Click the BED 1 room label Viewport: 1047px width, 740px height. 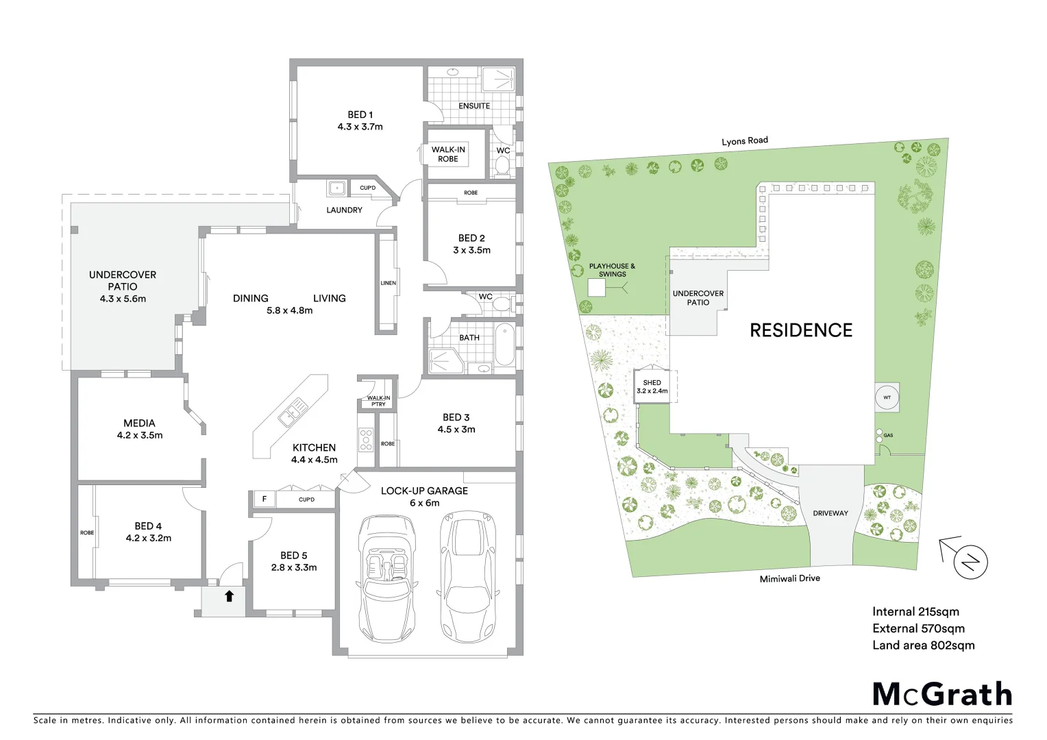pyautogui.click(x=360, y=115)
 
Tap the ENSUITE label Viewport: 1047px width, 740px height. pyautogui.click(x=474, y=106)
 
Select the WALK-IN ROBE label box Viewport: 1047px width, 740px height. pyautogui.click(x=448, y=154)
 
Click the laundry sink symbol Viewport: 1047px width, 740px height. pyautogui.click(x=337, y=188)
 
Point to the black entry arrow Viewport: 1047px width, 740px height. pyautogui.click(x=230, y=596)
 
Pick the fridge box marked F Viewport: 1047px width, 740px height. pyautogui.click(x=264, y=500)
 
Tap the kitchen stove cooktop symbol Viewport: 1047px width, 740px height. pyautogui.click(x=366, y=439)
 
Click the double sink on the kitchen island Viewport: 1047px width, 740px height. pyautogui.click(x=293, y=412)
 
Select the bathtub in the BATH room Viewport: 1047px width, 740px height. pyautogui.click(x=504, y=344)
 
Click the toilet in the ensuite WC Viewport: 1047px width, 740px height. pyautogui.click(x=502, y=165)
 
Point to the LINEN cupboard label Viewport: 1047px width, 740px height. pyautogui.click(x=388, y=283)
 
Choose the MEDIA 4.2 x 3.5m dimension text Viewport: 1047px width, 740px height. pyautogui.click(x=140, y=435)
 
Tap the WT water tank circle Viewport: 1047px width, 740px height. pyautogui.click(x=887, y=397)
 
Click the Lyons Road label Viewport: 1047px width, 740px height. pyautogui.click(x=745, y=141)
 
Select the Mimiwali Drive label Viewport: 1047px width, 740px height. pyautogui.click(x=789, y=578)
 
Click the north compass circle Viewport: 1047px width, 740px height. pyautogui.click(x=970, y=563)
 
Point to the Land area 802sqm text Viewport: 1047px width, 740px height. pyautogui.click(x=923, y=645)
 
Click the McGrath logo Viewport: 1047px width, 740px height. pyautogui.click(x=941, y=694)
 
